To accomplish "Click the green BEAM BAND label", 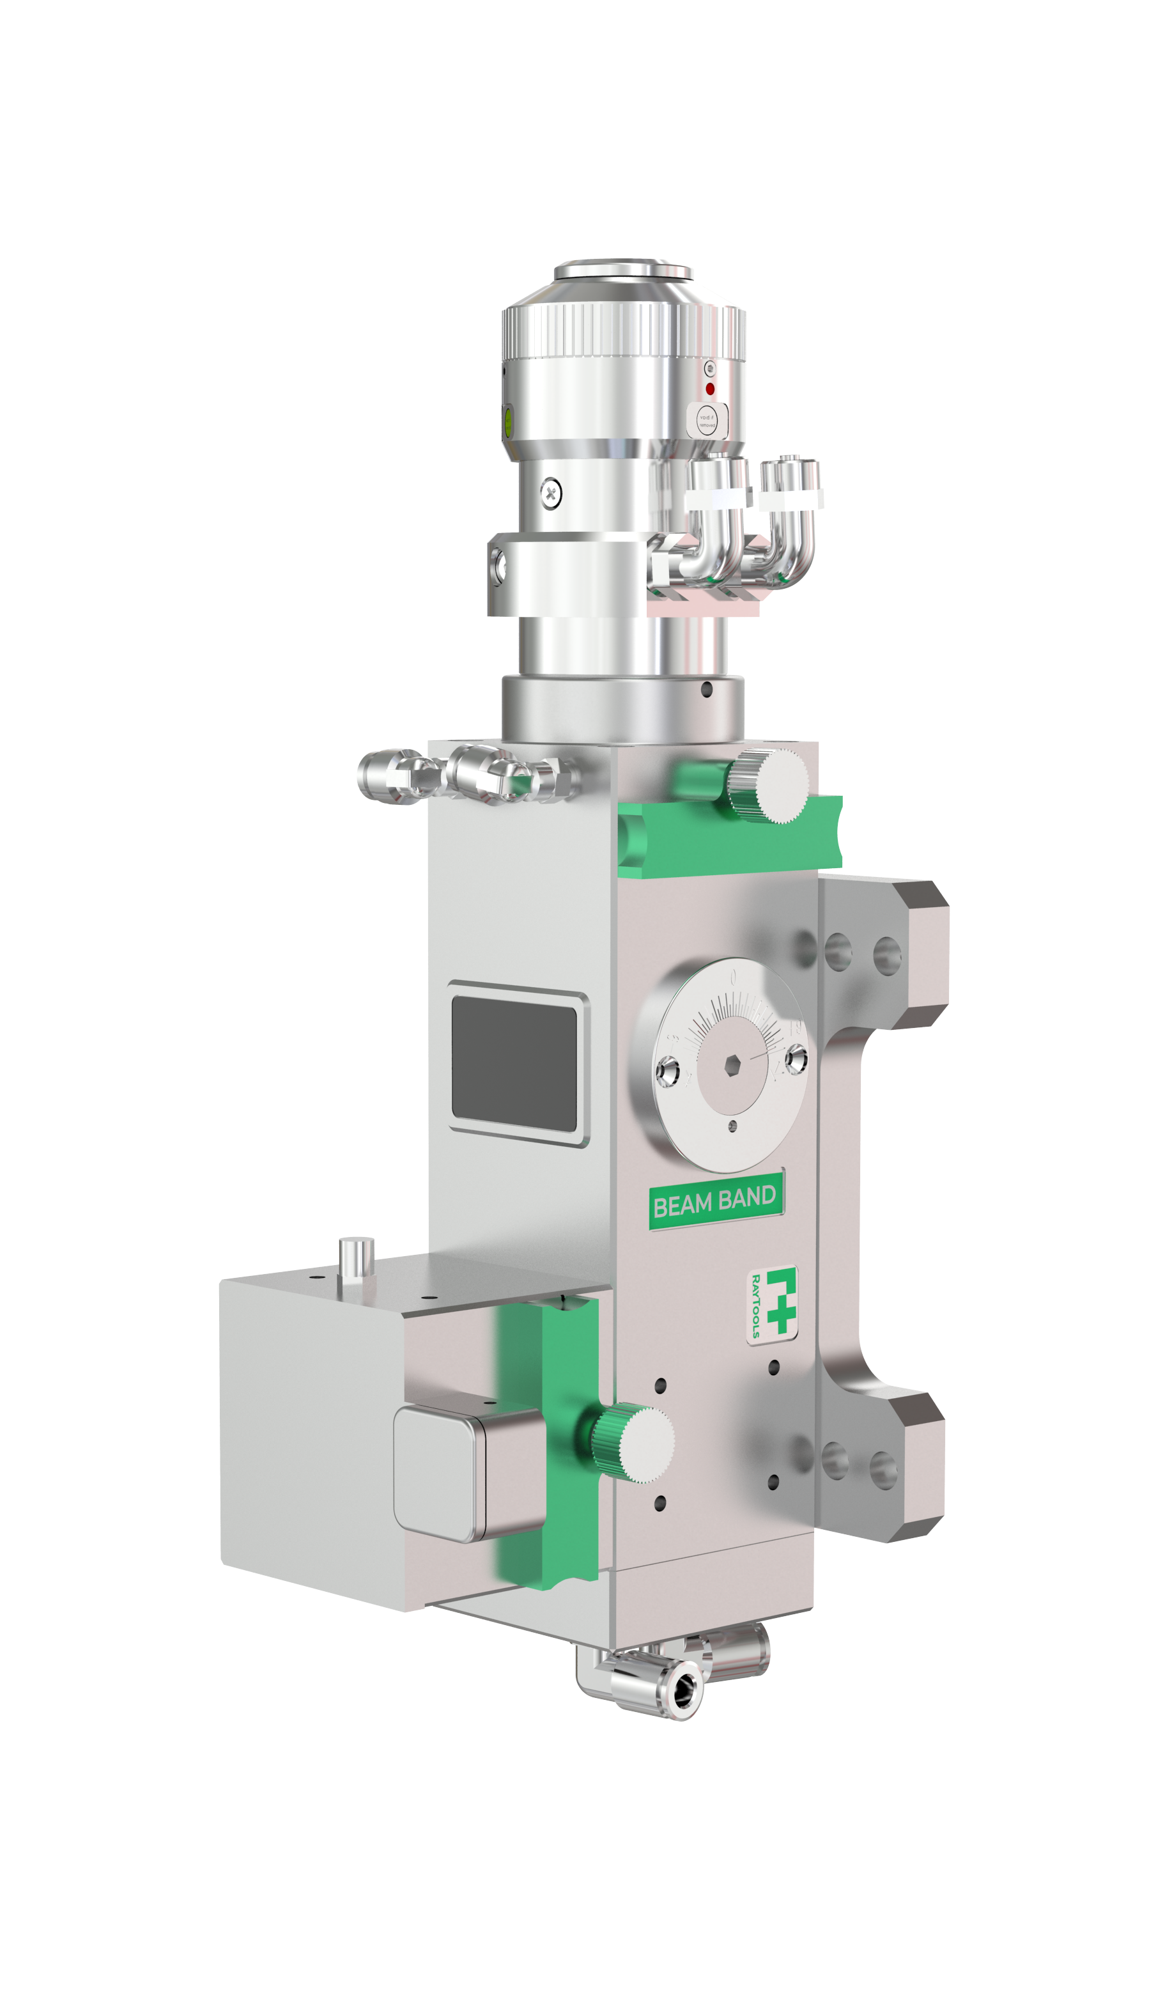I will pos(715,1202).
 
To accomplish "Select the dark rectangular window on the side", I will pos(514,1063).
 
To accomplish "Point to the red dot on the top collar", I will pos(711,389).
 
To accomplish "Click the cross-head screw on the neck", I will pos(551,493).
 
